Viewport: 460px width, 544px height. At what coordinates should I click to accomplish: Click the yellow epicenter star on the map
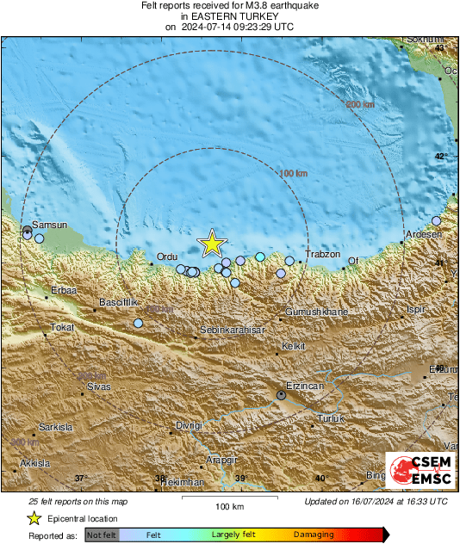click(212, 244)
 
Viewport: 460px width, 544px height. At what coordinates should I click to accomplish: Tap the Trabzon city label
click(323, 255)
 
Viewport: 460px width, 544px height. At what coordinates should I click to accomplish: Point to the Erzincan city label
click(304, 386)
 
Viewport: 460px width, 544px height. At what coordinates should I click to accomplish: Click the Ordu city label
click(166, 257)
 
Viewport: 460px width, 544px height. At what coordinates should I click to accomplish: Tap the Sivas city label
click(98, 386)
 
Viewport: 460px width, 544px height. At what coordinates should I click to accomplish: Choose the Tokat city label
click(63, 327)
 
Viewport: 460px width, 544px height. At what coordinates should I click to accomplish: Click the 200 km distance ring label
click(361, 105)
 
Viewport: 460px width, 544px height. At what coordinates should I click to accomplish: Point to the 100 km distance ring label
click(294, 174)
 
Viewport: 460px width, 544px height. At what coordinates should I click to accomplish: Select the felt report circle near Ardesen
click(436, 221)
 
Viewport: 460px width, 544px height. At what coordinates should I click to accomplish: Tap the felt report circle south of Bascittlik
click(138, 324)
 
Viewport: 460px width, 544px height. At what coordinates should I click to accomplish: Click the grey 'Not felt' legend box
click(103, 535)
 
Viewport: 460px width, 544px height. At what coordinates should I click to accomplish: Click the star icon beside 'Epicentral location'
click(34, 518)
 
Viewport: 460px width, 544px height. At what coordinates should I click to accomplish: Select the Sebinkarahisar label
click(232, 330)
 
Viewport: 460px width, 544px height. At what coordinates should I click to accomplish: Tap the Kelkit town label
click(294, 347)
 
